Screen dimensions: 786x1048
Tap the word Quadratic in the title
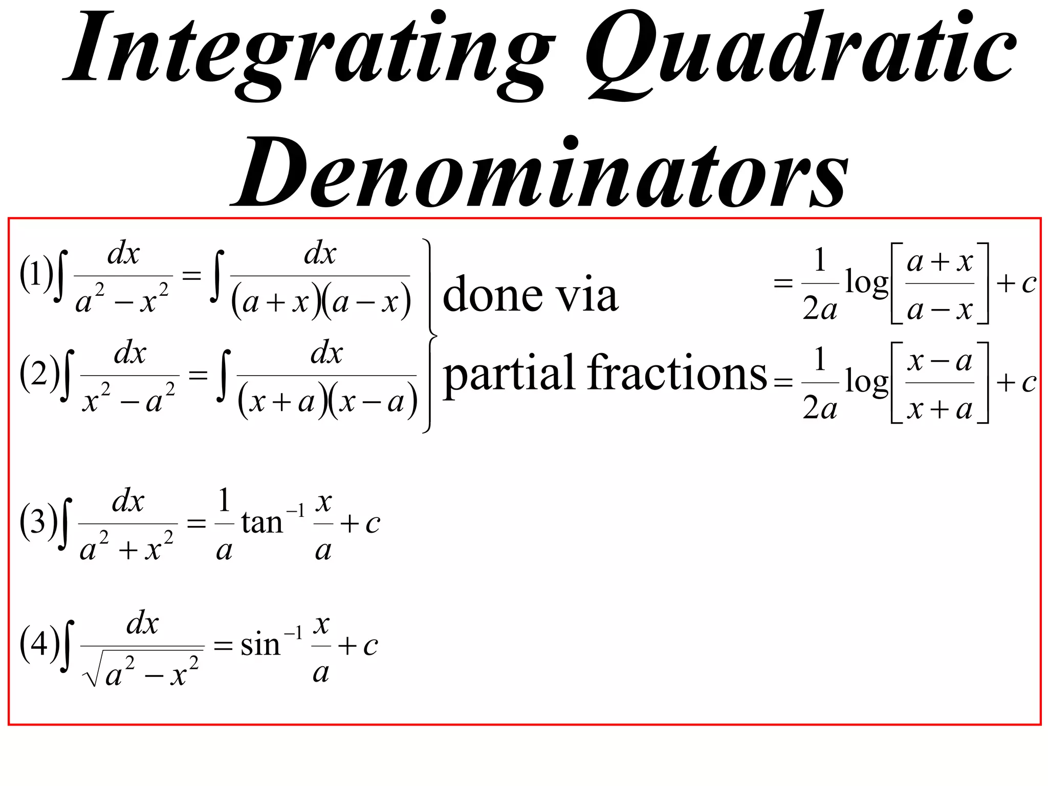point(801,51)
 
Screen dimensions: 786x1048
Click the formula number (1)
point(36,274)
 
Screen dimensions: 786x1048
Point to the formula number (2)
point(39,374)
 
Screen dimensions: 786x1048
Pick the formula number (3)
point(38,522)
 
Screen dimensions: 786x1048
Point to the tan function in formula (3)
point(262,523)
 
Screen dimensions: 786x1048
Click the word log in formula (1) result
point(866,282)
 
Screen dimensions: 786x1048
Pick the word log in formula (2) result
point(866,382)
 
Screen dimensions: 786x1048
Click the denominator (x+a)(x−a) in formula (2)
point(327,402)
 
